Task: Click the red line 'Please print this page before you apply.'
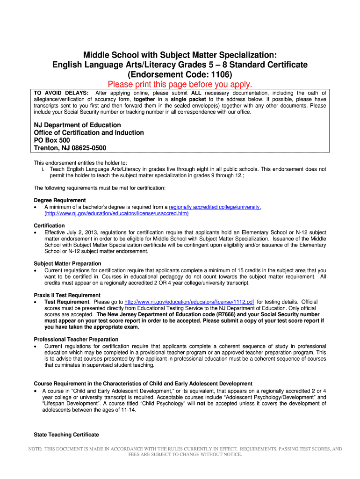coord(180,85)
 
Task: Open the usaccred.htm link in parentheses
coord(116,213)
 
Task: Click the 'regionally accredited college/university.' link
coord(215,207)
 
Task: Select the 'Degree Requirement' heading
coord(60,200)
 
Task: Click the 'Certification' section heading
coord(50,225)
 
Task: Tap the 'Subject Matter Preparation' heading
coord(68,263)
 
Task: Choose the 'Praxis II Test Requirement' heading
coord(67,295)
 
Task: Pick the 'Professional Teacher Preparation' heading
coord(76,339)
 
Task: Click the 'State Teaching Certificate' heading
coord(66,435)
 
